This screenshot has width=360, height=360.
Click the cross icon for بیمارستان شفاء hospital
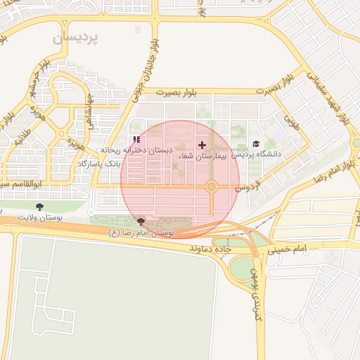pyautogui.click(x=202, y=144)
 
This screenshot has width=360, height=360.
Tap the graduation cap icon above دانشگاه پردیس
pyautogui.click(x=255, y=143)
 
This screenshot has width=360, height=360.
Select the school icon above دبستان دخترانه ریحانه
pyautogui.click(x=136, y=139)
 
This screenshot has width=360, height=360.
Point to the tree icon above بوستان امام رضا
pyautogui.click(x=143, y=221)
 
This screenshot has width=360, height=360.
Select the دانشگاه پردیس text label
pyautogui.click(x=257, y=154)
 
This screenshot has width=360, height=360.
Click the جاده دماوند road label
pyautogui.click(x=212, y=248)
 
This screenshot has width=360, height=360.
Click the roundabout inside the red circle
pyautogui.click(x=211, y=186)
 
